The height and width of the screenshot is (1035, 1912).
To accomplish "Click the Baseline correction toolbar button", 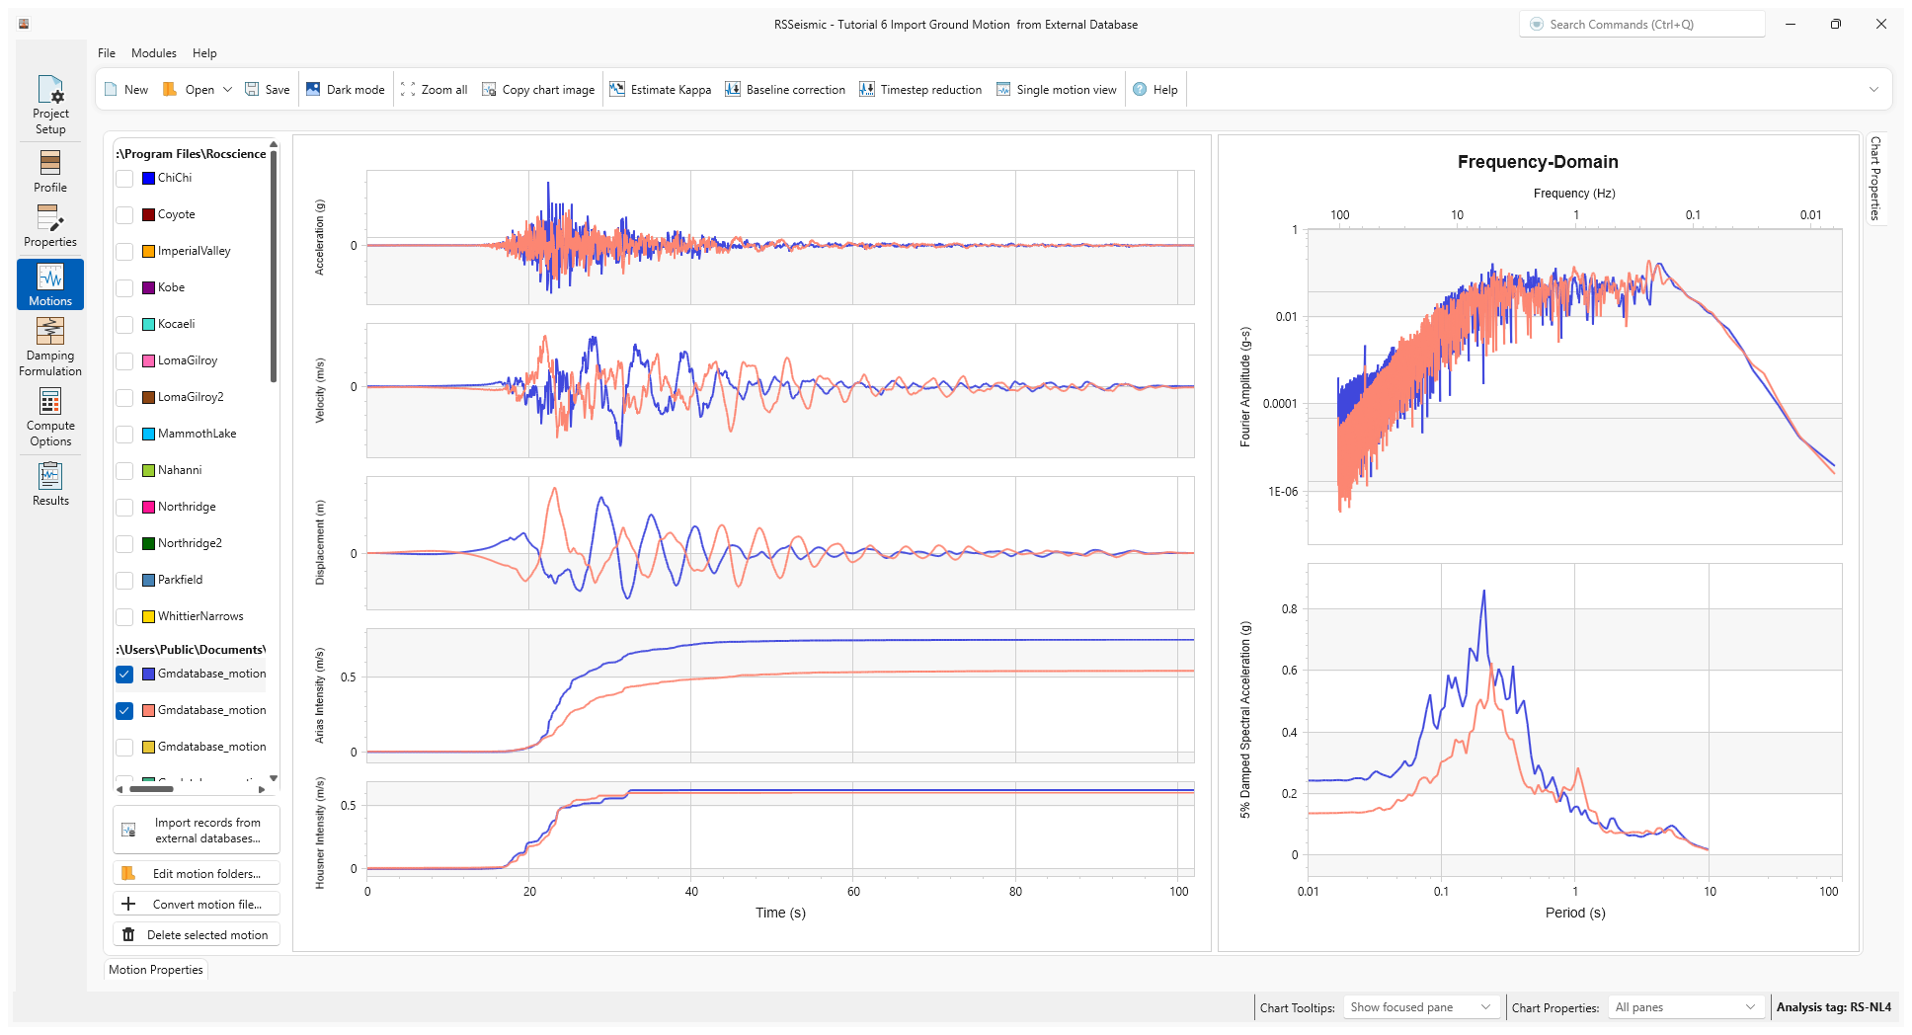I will click(785, 90).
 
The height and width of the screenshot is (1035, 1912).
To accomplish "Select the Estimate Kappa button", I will click(660, 90).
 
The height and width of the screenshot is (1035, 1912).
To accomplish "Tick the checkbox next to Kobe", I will click(124, 288).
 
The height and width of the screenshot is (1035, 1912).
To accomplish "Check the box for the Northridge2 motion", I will click(124, 544).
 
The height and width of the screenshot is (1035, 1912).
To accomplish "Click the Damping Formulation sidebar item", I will click(50, 347).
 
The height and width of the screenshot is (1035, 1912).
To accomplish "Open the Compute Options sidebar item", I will click(50, 417).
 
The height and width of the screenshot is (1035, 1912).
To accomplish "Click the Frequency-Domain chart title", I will click(1537, 162).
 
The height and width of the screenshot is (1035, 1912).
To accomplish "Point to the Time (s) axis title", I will click(780, 913).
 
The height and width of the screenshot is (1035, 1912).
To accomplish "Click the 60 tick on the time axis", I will click(853, 892).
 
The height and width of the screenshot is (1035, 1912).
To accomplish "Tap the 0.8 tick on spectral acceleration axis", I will click(1289, 609).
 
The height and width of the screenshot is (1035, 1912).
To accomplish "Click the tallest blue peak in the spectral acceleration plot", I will click(1483, 593).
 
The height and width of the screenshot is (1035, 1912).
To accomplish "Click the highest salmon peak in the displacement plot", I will click(555, 489).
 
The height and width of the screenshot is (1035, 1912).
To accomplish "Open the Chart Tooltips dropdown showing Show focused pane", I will click(1420, 1007).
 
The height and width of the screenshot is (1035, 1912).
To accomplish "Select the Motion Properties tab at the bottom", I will click(156, 970).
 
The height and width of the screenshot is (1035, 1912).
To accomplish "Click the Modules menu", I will click(154, 53).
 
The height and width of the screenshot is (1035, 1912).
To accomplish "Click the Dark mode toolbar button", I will click(345, 90).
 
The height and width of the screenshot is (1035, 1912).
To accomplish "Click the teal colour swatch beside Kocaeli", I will click(148, 325).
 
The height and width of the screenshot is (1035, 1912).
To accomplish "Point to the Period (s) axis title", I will click(1574, 913).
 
